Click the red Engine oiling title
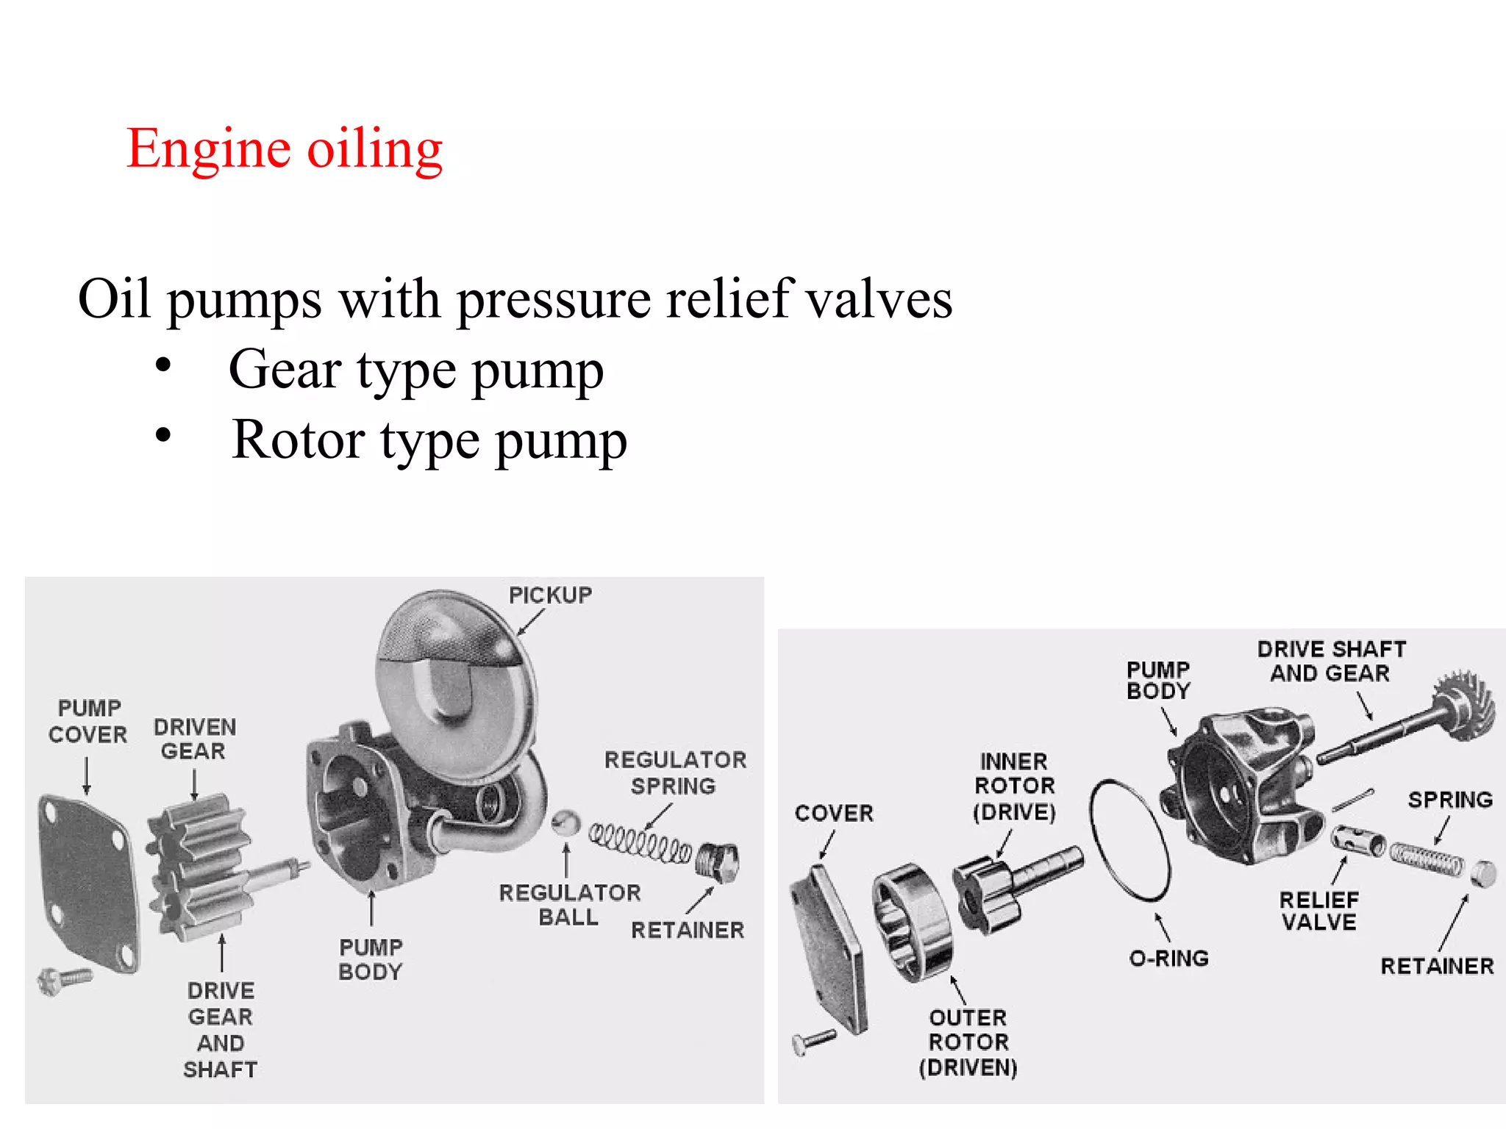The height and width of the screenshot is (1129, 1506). [x=284, y=149]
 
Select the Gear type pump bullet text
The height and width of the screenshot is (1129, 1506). [x=416, y=370]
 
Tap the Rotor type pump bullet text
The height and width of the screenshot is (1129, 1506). [x=429, y=440]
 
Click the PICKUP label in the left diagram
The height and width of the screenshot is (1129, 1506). [x=550, y=595]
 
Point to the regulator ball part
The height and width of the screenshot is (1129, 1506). [x=565, y=823]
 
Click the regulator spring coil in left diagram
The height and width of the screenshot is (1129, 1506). [x=640, y=844]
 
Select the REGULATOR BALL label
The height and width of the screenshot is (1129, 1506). [x=569, y=905]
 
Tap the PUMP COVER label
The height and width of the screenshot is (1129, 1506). [x=88, y=721]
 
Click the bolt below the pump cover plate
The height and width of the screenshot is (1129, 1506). [x=65, y=979]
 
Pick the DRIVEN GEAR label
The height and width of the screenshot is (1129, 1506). [x=194, y=739]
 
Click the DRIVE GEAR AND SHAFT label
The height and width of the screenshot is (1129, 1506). [x=221, y=1029]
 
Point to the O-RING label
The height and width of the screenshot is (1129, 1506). [x=1168, y=958]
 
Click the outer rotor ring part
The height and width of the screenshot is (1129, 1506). [x=912, y=922]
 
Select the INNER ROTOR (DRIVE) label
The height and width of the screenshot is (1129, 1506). [x=1014, y=786]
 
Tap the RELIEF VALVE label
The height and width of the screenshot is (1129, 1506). [x=1318, y=911]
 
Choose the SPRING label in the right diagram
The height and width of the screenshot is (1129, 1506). [x=1450, y=800]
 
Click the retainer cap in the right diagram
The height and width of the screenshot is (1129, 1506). [x=1483, y=874]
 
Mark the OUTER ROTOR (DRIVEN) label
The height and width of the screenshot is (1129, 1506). [x=968, y=1042]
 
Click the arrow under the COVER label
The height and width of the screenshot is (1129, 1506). [x=827, y=845]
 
